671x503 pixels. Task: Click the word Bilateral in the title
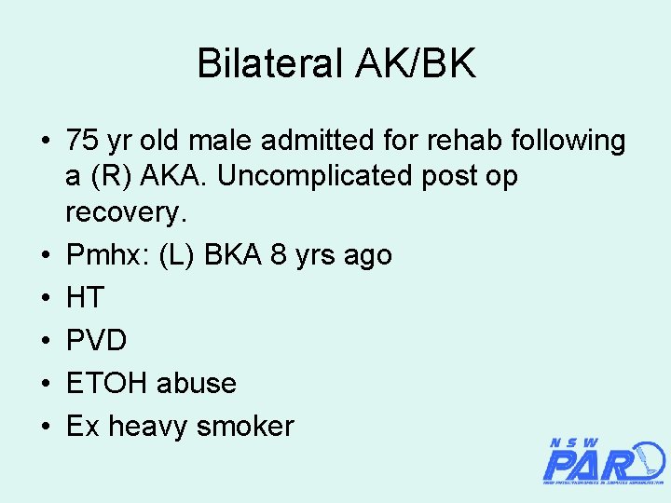tap(270, 64)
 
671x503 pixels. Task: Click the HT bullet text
tap(86, 298)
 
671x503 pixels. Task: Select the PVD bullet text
tap(96, 340)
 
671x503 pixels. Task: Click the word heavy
tap(152, 427)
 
